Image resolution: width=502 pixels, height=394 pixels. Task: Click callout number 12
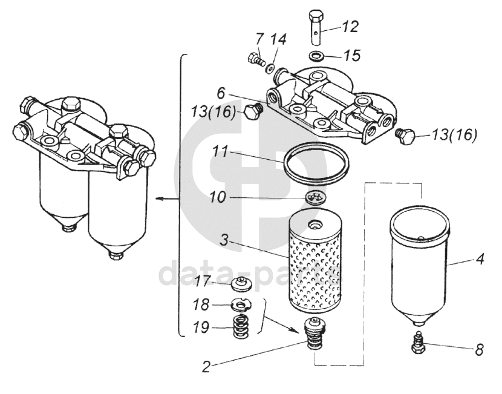pyautogui.click(x=350, y=27)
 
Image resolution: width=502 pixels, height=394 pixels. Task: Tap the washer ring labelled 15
pyautogui.click(x=316, y=56)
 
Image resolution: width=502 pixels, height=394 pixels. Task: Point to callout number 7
pyautogui.click(x=259, y=39)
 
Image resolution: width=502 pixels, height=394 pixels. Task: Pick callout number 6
pyautogui.click(x=221, y=93)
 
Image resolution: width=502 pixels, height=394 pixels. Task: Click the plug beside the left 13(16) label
pyautogui.click(x=253, y=112)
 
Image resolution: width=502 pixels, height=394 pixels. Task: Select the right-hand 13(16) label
pyautogui.click(x=454, y=135)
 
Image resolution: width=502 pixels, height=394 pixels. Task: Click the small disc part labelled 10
pyautogui.click(x=315, y=199)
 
